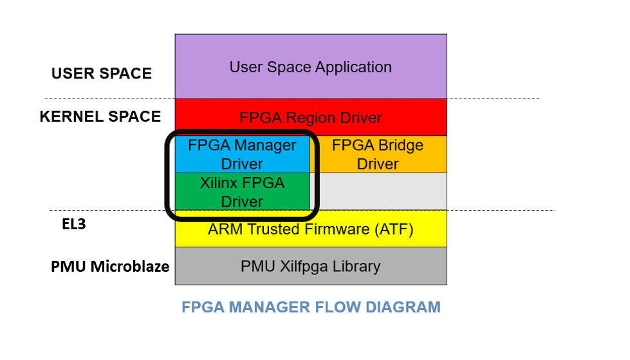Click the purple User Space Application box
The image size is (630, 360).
(311, 66)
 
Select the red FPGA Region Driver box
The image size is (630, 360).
(311, 117)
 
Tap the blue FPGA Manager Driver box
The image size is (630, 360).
(242, 155)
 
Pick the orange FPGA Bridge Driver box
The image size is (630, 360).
(378, 155)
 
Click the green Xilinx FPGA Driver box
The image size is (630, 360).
(242, 192)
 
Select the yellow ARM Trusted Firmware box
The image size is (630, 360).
(311, 229)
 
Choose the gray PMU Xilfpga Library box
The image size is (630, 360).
(311, 266)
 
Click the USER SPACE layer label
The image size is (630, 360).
(102, 73)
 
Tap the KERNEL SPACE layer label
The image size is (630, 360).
(100, 117)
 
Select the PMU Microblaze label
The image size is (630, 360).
(110, 266)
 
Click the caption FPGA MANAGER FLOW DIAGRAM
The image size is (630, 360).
(311, 307)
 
